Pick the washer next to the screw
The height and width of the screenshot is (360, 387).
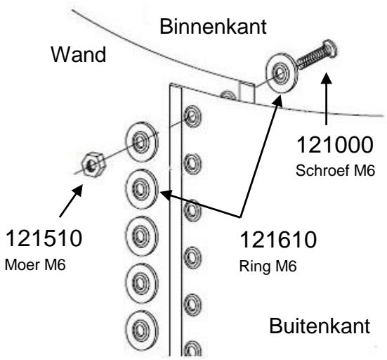click(280, 73)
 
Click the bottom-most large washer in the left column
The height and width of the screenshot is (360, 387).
click(143, 330)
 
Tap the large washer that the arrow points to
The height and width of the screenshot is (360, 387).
click(143, 188)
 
